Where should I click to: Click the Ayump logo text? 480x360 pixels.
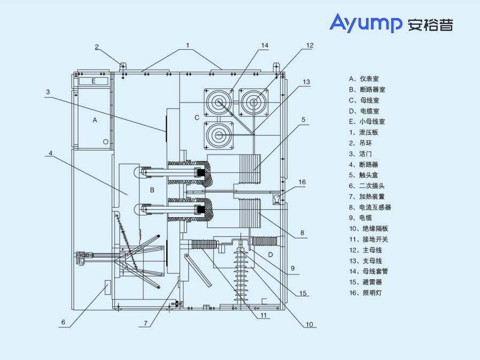(x=366, y=23)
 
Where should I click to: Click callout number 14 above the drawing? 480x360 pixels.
(x=265, y=46)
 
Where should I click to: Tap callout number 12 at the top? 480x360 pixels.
(x=309, y=45)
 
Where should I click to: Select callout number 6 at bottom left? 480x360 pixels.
(x=63, y=322)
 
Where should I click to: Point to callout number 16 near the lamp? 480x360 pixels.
(x=302, y=182)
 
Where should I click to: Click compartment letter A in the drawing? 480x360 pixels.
(x=95, y=120)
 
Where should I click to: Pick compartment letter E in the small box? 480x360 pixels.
(x=94, y=81)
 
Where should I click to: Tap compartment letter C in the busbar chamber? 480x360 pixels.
(x=197, y=117)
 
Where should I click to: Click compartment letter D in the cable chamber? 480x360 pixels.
(x=270, y=255)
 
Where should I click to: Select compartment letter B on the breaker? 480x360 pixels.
(x=152, y=190)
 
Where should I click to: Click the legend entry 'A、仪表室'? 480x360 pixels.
(x=364, y=79)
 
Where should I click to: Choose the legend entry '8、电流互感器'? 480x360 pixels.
(x=370, y=207)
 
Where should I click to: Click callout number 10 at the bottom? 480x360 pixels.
(x=309, y=324)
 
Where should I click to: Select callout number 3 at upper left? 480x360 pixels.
(x=48, y=92)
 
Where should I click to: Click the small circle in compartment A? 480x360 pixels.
(x=105, y=141)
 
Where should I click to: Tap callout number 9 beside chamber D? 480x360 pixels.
(x=293, y=268)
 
